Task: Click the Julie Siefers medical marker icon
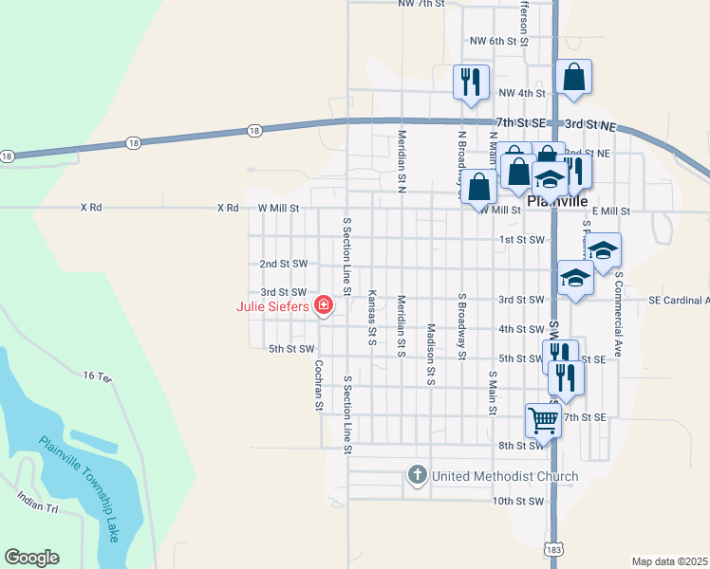324,305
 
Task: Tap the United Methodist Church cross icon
416,475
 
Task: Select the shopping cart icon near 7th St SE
543,418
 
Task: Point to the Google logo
31,558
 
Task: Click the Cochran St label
319,386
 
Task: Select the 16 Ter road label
97,376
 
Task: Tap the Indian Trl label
37,502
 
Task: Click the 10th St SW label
517,501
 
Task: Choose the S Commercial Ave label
617,314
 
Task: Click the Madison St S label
430,354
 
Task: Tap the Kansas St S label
371,318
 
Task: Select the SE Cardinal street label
679,300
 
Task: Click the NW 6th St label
498,41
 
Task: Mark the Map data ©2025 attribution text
670,561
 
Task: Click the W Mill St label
278,208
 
